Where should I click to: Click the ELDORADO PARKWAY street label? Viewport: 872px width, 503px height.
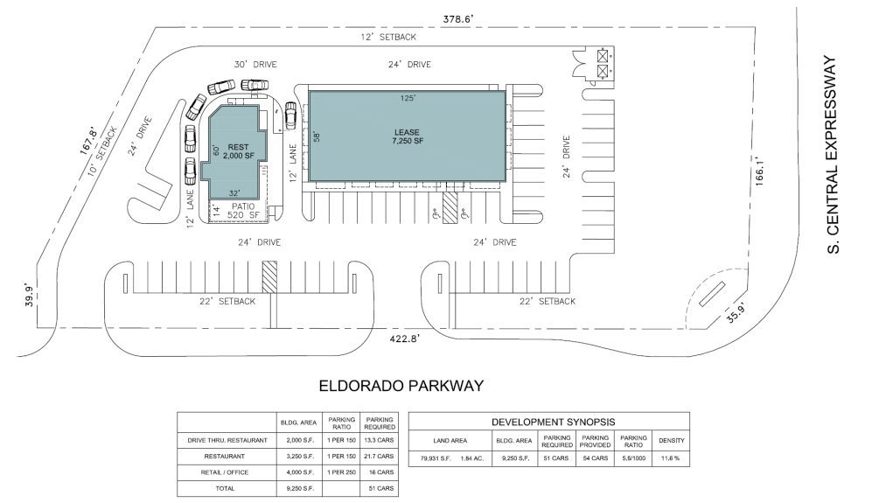point(401,386)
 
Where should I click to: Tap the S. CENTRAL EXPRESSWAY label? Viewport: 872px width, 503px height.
point(832,155)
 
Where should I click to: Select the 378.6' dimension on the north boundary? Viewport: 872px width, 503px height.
point(457,19)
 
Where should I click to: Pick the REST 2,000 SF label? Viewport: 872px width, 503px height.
point(239,151)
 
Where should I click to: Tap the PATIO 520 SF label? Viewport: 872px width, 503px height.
point(243,210)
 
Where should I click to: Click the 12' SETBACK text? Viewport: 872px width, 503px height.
point(388,37)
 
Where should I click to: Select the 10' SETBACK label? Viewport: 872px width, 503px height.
point(103,150)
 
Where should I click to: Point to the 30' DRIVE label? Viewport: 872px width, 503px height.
point(255,65)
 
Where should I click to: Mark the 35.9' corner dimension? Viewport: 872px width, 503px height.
point(736,315)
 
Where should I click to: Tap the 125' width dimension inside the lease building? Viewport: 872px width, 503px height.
point(408,98)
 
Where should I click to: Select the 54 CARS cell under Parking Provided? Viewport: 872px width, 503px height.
point(595,458)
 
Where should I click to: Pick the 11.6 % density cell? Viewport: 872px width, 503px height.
point(671,458)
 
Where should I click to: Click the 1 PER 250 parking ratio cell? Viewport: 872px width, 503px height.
point(341,472)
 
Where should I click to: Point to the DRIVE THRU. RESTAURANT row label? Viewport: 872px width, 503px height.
point(227,440)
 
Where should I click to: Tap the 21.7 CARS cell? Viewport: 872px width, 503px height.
point(380,457)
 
